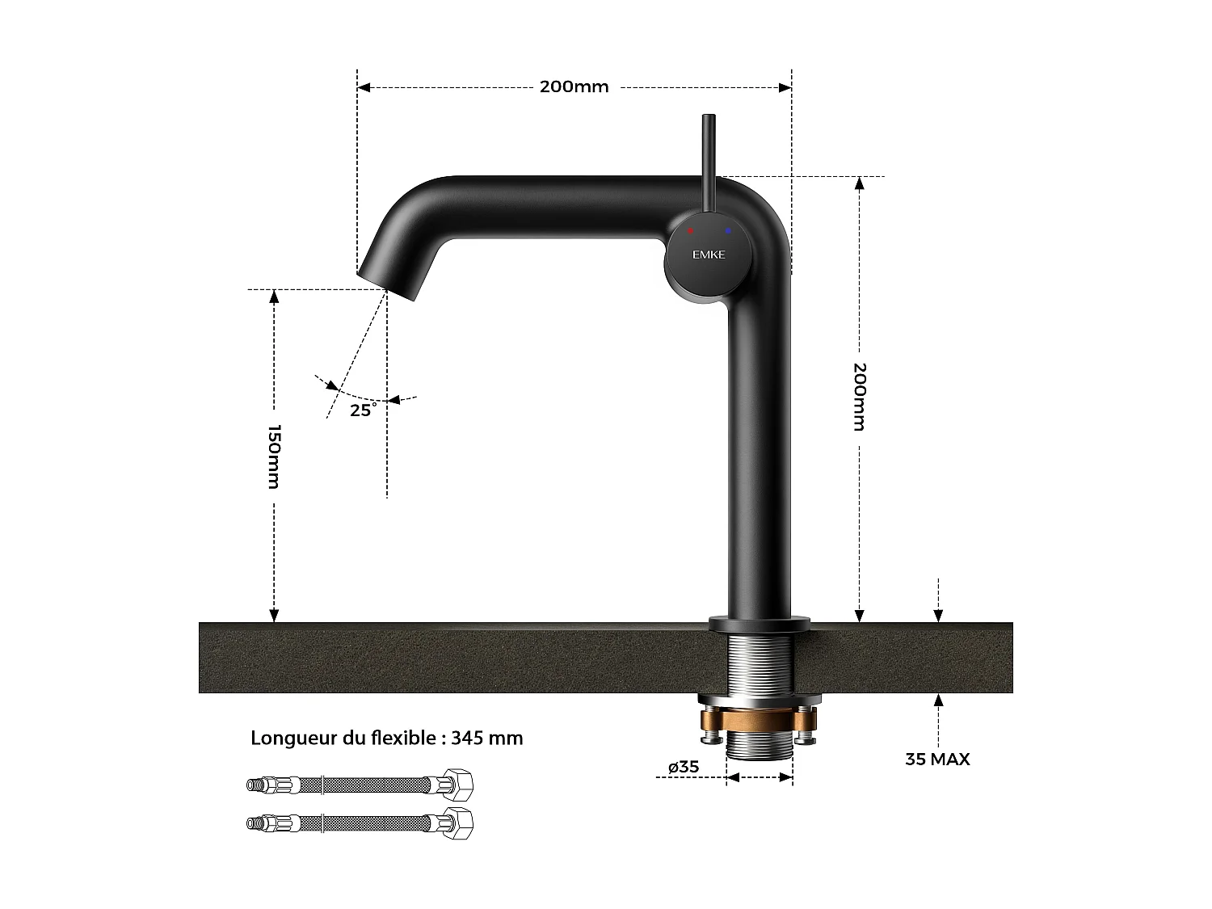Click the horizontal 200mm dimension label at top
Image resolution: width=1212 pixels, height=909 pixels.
pyautogui.click(x=574, y=86)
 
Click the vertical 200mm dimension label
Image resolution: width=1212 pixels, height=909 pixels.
pyautogui.click(x=860, y=396)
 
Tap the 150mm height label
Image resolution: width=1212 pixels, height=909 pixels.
pyautogui.click(x=274, y=457)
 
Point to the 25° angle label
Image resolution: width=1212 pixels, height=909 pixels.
pyautogui.click(x=363, y=410)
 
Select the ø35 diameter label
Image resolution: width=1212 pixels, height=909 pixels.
pyautogui.click(x=684, y=766)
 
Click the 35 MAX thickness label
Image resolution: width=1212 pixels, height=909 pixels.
pyautogui.click(x=937, y=759)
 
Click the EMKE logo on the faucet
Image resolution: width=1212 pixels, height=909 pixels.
pyautogui.click(x=709, y=255)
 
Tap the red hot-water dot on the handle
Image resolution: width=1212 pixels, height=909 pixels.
pyautogui.click(x=690, y=231)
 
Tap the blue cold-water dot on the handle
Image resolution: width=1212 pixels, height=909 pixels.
pyautogui.click(x=728, y=231)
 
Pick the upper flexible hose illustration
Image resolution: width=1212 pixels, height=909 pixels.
pyautogui.click(x=360, y=785)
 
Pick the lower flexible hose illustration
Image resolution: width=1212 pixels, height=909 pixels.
pyautogui.click(x=360, y=823)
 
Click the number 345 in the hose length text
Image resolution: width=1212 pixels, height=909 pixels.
pyautogui.click(x=467, y=738)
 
